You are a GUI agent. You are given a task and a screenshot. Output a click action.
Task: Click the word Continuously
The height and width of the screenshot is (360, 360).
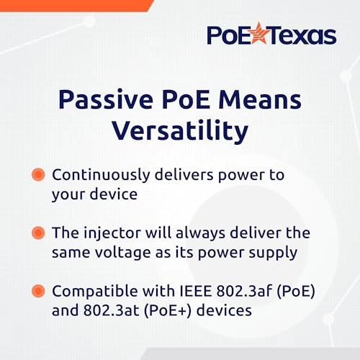(102, 175)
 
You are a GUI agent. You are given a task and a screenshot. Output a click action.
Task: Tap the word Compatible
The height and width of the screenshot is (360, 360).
(92, 292)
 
